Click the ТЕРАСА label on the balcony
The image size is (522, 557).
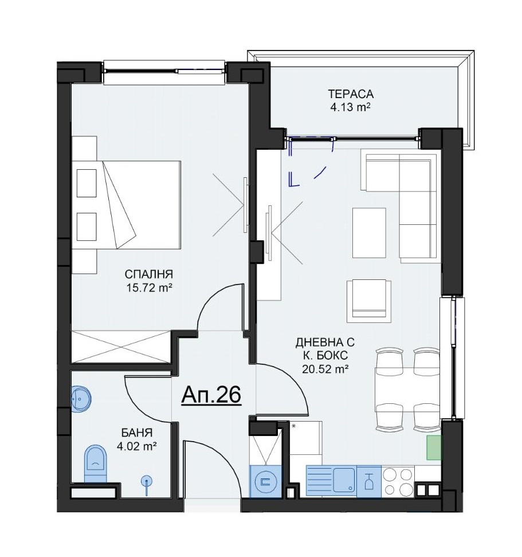[x=351, y=94]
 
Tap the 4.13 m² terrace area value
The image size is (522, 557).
[x=351, y=107]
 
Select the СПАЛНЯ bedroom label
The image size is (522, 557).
[x=149, y=274]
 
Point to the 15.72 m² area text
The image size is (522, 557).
[x=149, y=287]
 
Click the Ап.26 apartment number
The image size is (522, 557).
[x=211, y=395]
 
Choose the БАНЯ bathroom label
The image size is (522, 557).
[x=137, y=433]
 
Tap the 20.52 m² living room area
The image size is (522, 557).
[x=325, y=369]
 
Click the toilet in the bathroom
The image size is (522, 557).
[x=96, y=463]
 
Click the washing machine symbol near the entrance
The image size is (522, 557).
[x=266, y=481]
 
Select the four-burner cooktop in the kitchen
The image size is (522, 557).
[x=398, y=481]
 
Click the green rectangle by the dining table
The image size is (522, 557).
[x=434, y=447]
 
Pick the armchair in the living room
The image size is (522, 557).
[x=369, y=301]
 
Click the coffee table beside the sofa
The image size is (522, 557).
[x=369, y=233]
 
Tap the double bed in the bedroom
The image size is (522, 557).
[x=126, y=205]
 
